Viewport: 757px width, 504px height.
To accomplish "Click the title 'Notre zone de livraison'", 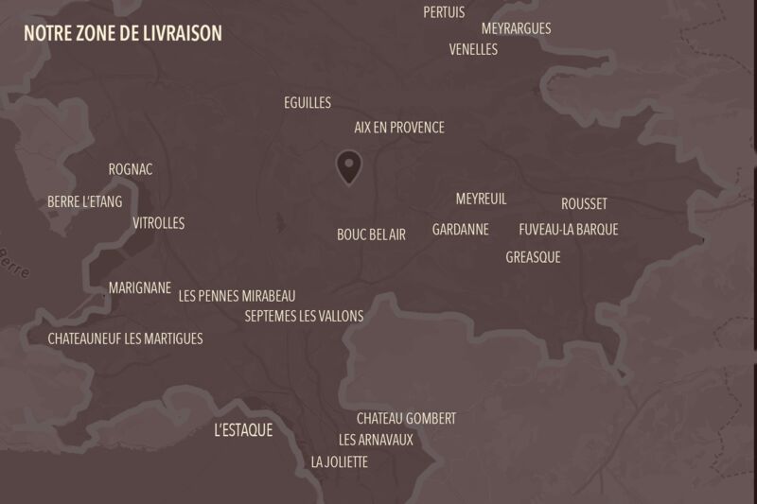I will [123, 34].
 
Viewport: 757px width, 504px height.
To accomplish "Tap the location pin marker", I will [349, 166].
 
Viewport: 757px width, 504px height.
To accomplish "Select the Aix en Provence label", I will [399, 128].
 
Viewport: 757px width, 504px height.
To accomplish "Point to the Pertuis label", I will [444, 12].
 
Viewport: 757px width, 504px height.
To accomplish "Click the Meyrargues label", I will [516, 28].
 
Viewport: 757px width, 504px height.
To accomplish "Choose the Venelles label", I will [473, 49].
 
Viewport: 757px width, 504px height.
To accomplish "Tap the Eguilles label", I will [308, 103].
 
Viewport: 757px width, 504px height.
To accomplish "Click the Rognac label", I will [131, 169].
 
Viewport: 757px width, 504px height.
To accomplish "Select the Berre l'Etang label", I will [85, 201].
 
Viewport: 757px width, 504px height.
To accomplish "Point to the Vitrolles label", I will [159, 223].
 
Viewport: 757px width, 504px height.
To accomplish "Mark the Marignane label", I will [140, 287].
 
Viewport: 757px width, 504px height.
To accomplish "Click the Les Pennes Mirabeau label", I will [237, 296].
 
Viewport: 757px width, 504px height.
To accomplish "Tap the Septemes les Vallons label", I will [304, 316].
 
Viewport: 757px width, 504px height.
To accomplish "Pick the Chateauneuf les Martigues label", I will [125, 339].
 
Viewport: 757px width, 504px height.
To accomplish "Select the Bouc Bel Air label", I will [371, 235].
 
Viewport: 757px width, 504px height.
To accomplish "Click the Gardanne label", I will [461, 229].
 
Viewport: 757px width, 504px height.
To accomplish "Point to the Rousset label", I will [584, 204].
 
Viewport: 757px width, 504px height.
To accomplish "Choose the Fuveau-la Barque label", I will [569, 229].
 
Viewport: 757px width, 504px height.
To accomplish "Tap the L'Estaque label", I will [243, 430].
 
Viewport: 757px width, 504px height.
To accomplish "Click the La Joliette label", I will [339, 462].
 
